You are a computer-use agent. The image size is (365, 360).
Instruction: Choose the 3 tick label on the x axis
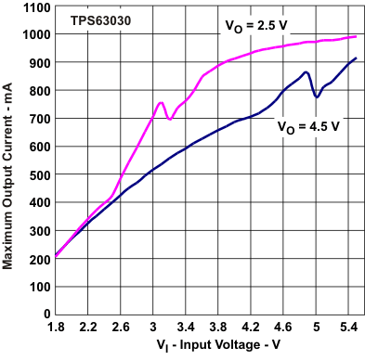click(153, 328)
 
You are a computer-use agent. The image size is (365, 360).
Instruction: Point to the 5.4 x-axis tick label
click(348, 328)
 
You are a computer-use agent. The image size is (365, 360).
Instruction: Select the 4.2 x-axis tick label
click(251, 328)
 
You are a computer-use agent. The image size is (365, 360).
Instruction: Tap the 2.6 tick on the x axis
click(121, 328)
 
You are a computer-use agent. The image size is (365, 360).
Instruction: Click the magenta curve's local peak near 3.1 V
click(161, 103)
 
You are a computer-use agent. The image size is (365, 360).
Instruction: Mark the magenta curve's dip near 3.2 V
click(169, 119)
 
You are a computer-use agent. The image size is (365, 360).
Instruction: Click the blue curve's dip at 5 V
click(317, 96)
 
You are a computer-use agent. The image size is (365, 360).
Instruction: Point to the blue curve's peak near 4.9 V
click(306, 72)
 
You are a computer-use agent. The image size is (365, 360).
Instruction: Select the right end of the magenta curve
click(356, 37)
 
